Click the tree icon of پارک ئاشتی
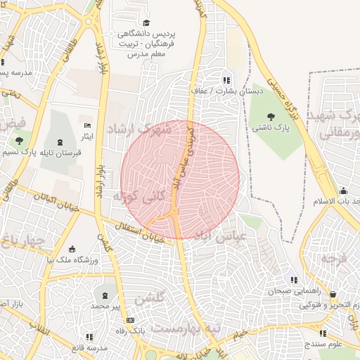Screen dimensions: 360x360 point(271,117)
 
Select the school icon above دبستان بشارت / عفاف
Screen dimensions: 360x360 point(226,79)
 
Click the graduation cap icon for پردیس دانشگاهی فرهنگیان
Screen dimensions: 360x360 point(146,23)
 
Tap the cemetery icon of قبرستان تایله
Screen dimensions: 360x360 point(58,141)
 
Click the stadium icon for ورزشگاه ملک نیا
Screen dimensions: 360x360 point(72,249)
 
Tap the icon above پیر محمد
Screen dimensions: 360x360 point(105,295)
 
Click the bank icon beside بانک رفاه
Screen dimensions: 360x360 point(130,320)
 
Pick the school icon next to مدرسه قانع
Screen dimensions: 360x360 point(76,347)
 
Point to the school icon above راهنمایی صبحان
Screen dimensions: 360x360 point(294,280)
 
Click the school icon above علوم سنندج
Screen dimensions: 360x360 point(323,334)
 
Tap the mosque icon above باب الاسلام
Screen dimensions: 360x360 point(342,191)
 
